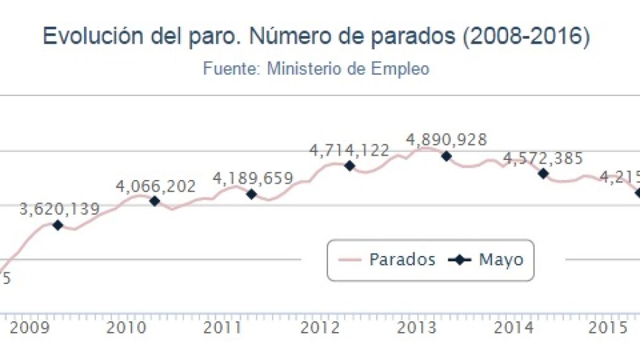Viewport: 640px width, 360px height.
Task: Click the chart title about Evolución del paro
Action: (x=316, y=37)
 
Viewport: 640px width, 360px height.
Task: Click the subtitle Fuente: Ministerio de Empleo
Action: (x=316, y=69)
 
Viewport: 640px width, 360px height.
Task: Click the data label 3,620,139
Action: (x=59, y=209)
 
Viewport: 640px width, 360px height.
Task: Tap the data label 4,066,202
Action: (x=156, y=186)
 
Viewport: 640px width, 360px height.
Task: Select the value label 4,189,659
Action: (x=253, y=179)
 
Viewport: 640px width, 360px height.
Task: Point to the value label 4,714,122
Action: (x=349, y=150)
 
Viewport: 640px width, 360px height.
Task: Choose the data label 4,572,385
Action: (x=543, y=158)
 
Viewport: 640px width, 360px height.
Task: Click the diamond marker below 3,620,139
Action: (x=58, y=225)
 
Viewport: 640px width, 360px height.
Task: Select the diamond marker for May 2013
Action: (x=446, y=156)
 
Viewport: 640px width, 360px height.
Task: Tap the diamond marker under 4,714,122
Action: (x=349, y=166)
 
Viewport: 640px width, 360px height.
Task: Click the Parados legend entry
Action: (x=387, y=260)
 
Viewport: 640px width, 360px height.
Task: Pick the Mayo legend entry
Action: (x=486, y=260)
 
